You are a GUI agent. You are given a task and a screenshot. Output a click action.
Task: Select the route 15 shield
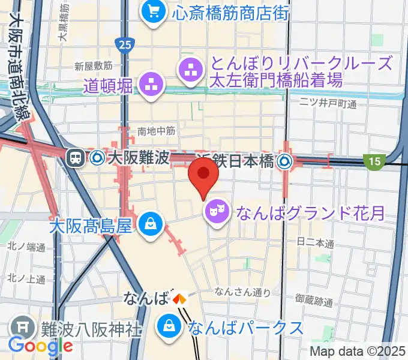pos(373,160)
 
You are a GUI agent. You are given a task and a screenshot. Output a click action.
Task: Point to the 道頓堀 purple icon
pos(151,83)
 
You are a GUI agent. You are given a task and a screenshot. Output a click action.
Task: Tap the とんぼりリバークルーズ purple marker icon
pos(191,70)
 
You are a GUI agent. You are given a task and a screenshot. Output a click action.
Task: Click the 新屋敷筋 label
pos(94,65)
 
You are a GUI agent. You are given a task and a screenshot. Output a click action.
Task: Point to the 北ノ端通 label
pos(28,247)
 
